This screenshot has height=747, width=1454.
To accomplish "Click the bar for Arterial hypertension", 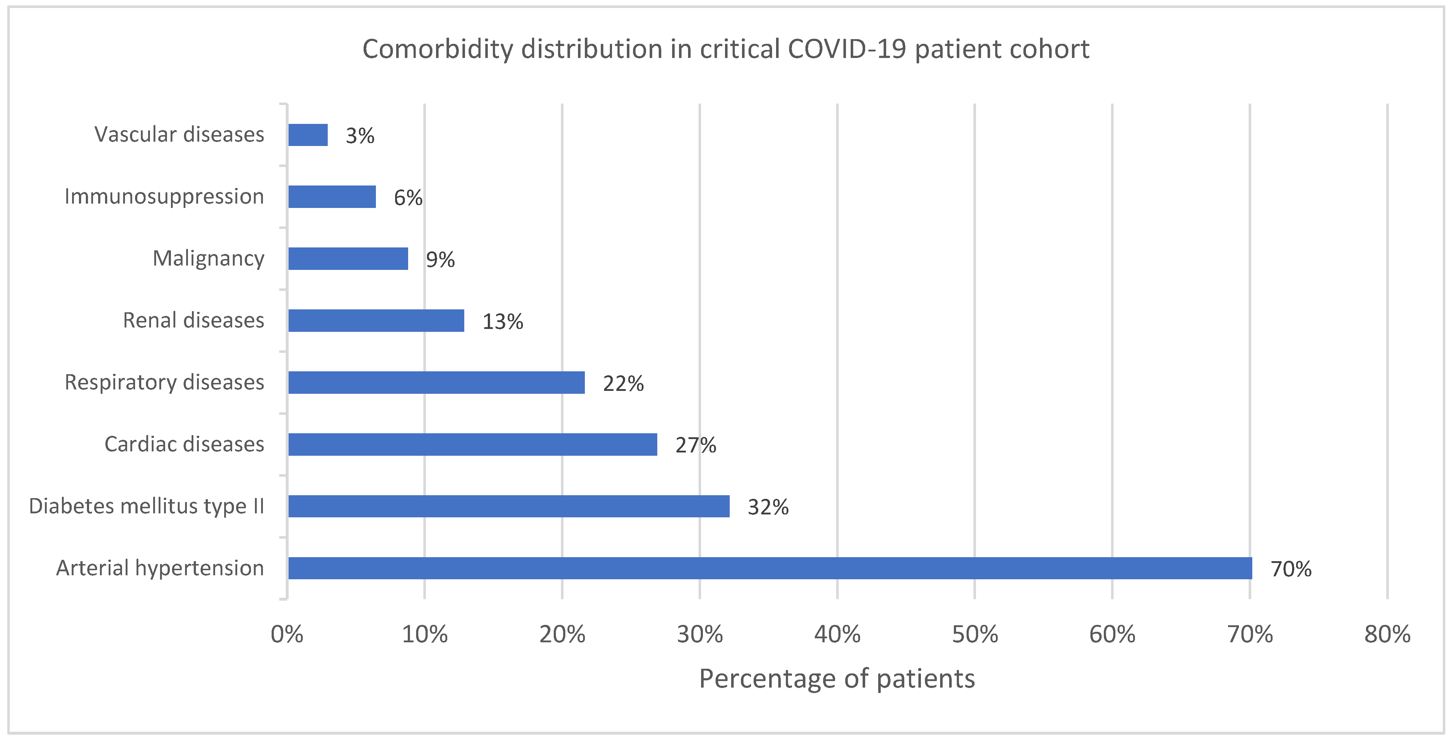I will (x=770, y=568).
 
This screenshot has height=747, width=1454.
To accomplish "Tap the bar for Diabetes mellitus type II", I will (x=508, y=506).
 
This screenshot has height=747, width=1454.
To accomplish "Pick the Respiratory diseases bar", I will (x=436, y=382).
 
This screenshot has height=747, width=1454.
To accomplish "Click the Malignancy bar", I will (x=348, y=259).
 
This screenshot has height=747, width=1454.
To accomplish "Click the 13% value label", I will (x=502, y=322).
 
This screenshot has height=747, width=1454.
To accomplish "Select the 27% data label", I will (x=695, y=446).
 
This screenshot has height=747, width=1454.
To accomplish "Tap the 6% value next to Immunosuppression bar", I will (x=407, y=198).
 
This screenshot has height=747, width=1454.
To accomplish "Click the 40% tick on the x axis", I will (x=837, y=635).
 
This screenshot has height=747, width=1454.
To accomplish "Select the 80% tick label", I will (x=1387, y=635).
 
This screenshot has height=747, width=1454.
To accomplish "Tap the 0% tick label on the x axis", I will (x=287, y=635).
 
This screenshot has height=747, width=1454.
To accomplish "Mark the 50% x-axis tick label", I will (x=975, y=635).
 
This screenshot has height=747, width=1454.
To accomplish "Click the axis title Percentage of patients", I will (x=837, y=679).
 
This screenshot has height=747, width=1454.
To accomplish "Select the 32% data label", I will (x=768, y=508).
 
